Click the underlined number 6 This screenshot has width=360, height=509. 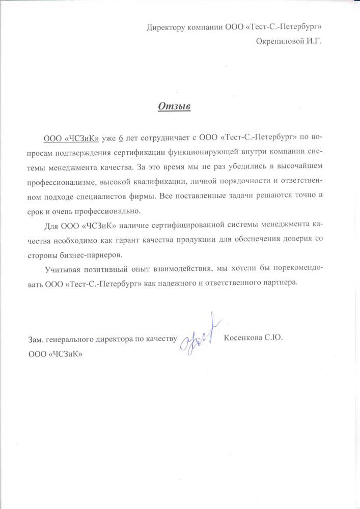pos(121,138)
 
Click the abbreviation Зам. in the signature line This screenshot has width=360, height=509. pos(36,338)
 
